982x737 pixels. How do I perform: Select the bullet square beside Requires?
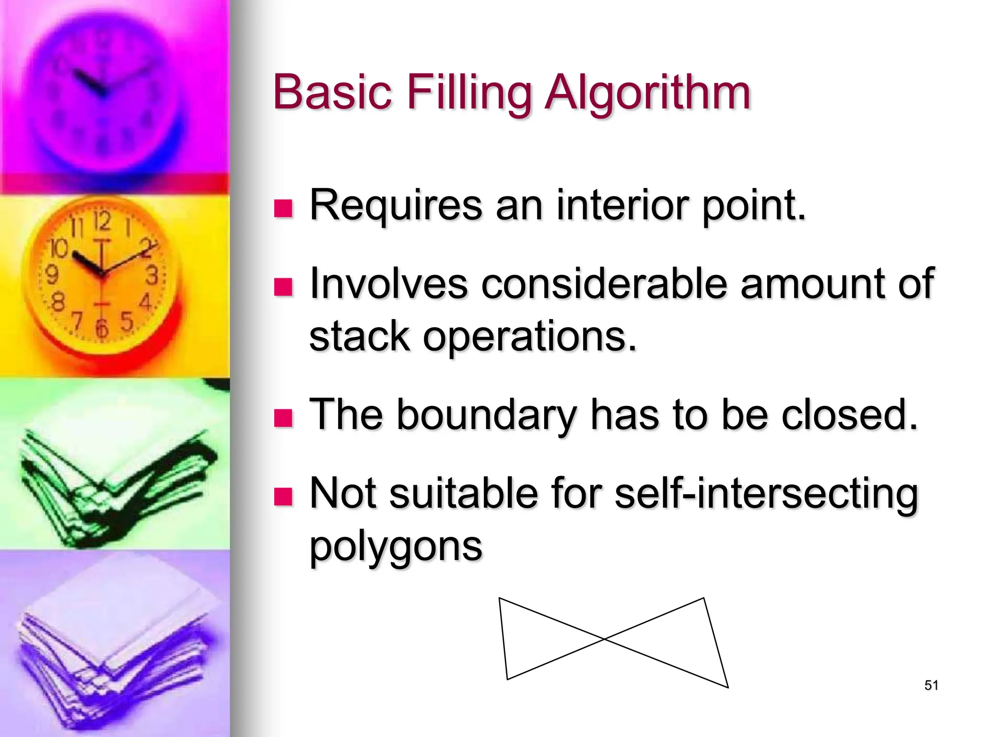tap(283, 209)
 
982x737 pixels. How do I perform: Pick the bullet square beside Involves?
tap(283, 287)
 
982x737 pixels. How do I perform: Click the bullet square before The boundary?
tap(283, 417)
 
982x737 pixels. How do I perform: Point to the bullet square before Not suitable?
tap(283, 497)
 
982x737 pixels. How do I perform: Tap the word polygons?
tap(396, 547)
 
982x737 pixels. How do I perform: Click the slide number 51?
tap(931, 685)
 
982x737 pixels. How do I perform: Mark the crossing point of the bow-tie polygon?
tap(605, 639)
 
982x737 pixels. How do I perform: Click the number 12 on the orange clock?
tap(102, 222)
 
